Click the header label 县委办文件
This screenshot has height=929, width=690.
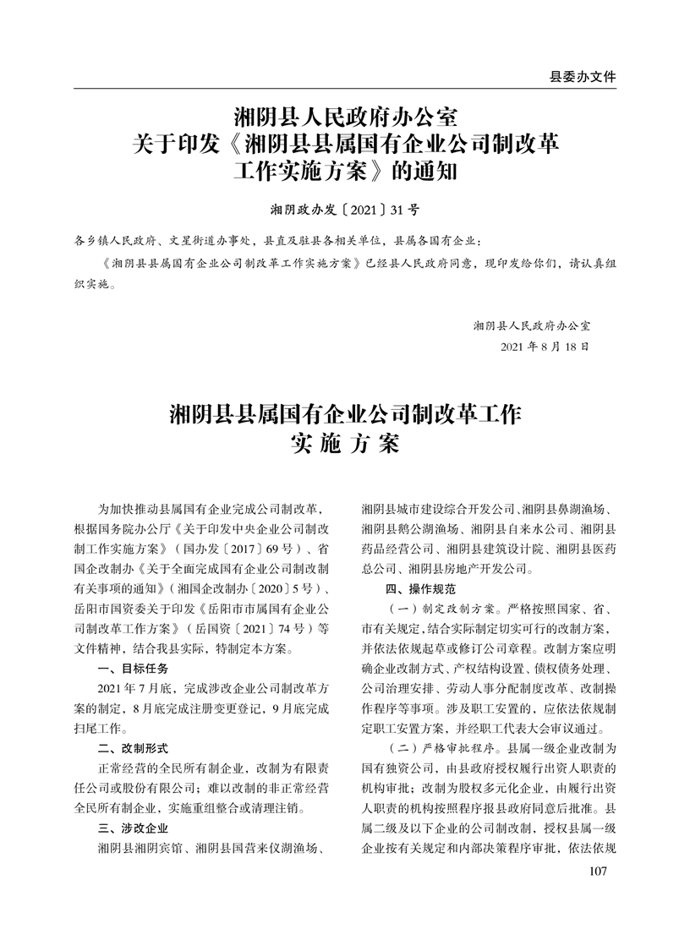(583, 76)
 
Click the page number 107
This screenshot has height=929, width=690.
(598, 872)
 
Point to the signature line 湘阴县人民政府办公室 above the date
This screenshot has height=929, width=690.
(532, 325)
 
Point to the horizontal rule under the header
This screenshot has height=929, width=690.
(345, 88)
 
